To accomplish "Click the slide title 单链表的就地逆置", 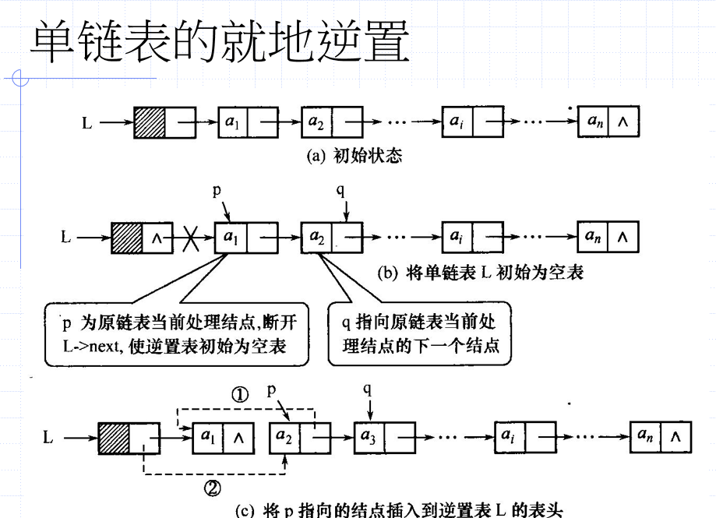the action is (220, 41).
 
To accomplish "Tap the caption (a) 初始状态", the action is (354, 156).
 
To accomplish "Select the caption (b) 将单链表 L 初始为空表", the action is (481, 273).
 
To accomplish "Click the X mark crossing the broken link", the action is (190, 238).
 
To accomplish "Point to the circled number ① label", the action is (240, 395).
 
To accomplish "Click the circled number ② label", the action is (212, 488).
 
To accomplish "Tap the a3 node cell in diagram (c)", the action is (369, 437).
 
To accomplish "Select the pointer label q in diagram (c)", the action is (368, 389).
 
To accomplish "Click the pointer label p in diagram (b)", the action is (217, 189).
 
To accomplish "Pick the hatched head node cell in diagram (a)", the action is (150, 122).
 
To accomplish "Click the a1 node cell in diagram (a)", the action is (232, 122).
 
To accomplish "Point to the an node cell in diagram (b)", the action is (593, 236).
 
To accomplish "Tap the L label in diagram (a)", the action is (86, 123).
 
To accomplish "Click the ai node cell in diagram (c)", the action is (510, 437).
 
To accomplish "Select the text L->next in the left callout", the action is (92, 346).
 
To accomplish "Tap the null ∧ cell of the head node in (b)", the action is (157, 238).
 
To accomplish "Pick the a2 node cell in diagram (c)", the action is (284, 438).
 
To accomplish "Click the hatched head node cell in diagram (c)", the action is (115, 438).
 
